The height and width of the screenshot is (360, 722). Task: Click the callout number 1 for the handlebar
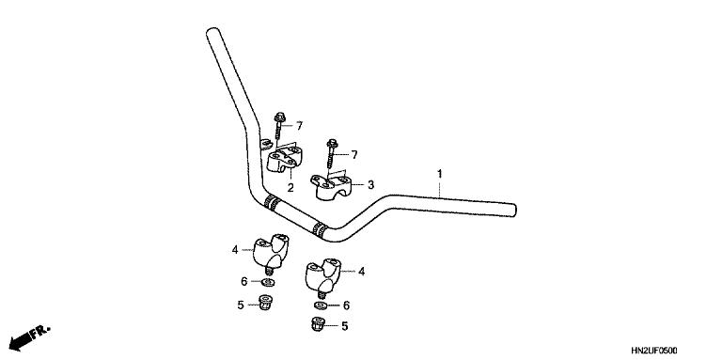[439, 174]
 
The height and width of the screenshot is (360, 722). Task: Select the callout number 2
[290, 188]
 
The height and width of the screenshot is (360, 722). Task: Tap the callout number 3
[370, 185]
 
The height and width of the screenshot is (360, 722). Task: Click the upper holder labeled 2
[282, 161]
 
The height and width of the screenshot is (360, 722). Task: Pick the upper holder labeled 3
[334, 186]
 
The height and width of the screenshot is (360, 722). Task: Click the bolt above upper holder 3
[332, 153]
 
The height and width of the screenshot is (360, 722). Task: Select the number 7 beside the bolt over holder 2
[299, 125]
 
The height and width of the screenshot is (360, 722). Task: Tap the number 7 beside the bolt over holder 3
[354, 153]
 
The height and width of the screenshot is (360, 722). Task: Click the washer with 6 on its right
[321, 305]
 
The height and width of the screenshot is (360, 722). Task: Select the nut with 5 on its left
[267, 304]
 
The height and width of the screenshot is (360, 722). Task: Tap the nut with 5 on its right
[319, 326]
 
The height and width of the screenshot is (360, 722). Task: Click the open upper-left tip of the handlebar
[212, 34]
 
